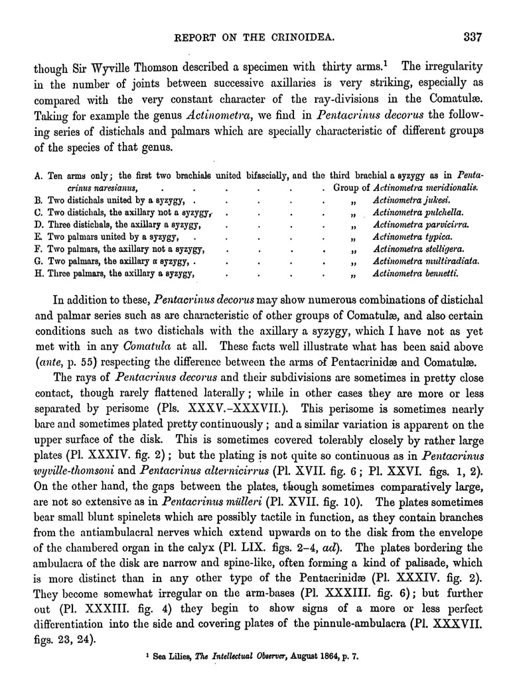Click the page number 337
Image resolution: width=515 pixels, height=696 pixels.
click(x=473, y=36)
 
